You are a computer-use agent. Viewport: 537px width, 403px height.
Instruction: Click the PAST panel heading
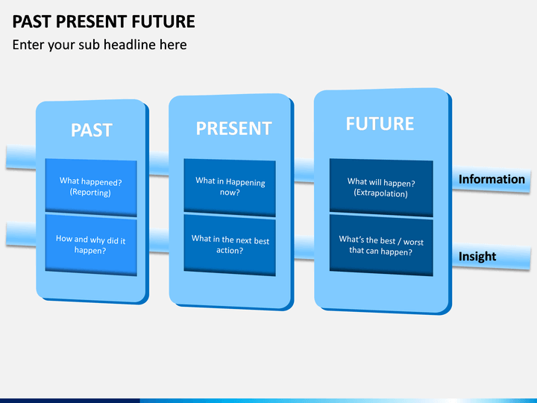pyautogui.click(x=92, y=130)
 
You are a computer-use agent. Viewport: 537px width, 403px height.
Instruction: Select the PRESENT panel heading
pyautogui.click(x=234, y=128)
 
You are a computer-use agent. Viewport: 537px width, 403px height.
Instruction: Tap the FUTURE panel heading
pyautogui.click(x=380, y=124)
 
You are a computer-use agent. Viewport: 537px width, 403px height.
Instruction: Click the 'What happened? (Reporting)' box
pyautogui.click(x=91, y=187)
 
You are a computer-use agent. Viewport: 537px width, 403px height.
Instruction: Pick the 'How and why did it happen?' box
pyautogui.click(x=91, y=245)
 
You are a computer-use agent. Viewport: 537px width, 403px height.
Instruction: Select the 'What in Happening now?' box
pyautogui.click(x=230, y=187)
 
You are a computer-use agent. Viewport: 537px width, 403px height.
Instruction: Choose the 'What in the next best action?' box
pyautogui.click(x=230, y=245)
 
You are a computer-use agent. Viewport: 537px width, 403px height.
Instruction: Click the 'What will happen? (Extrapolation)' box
pyautogui.click(x=381, y=188)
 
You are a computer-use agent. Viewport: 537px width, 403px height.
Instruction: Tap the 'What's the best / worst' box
pyautogui.click(x=381, y=246)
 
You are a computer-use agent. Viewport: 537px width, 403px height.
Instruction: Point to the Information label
pyautogui.click(x=492, y=179)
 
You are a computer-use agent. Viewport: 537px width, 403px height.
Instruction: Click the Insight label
pyautogui.click(x=477, y=256)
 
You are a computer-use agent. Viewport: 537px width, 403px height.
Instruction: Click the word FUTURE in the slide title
pyautogui.click(x=163, y=21)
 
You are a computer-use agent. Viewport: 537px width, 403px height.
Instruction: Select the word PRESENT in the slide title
pyautogui.click(x=92, y=21)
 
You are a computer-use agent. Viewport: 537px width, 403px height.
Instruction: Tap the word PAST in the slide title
pyautogui.click(x=32, y=21)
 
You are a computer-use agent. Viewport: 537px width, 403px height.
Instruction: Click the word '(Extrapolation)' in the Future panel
pyautogui.click(x=381, y=193)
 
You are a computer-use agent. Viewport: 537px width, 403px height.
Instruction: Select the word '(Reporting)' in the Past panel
pyautogui.click(x=90, y=193)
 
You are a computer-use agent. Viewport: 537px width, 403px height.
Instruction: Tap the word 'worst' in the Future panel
pyautogui.click(x=413, y=243)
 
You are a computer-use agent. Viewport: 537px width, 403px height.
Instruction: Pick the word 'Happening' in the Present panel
pyautogui.click(x=245, y=182)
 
